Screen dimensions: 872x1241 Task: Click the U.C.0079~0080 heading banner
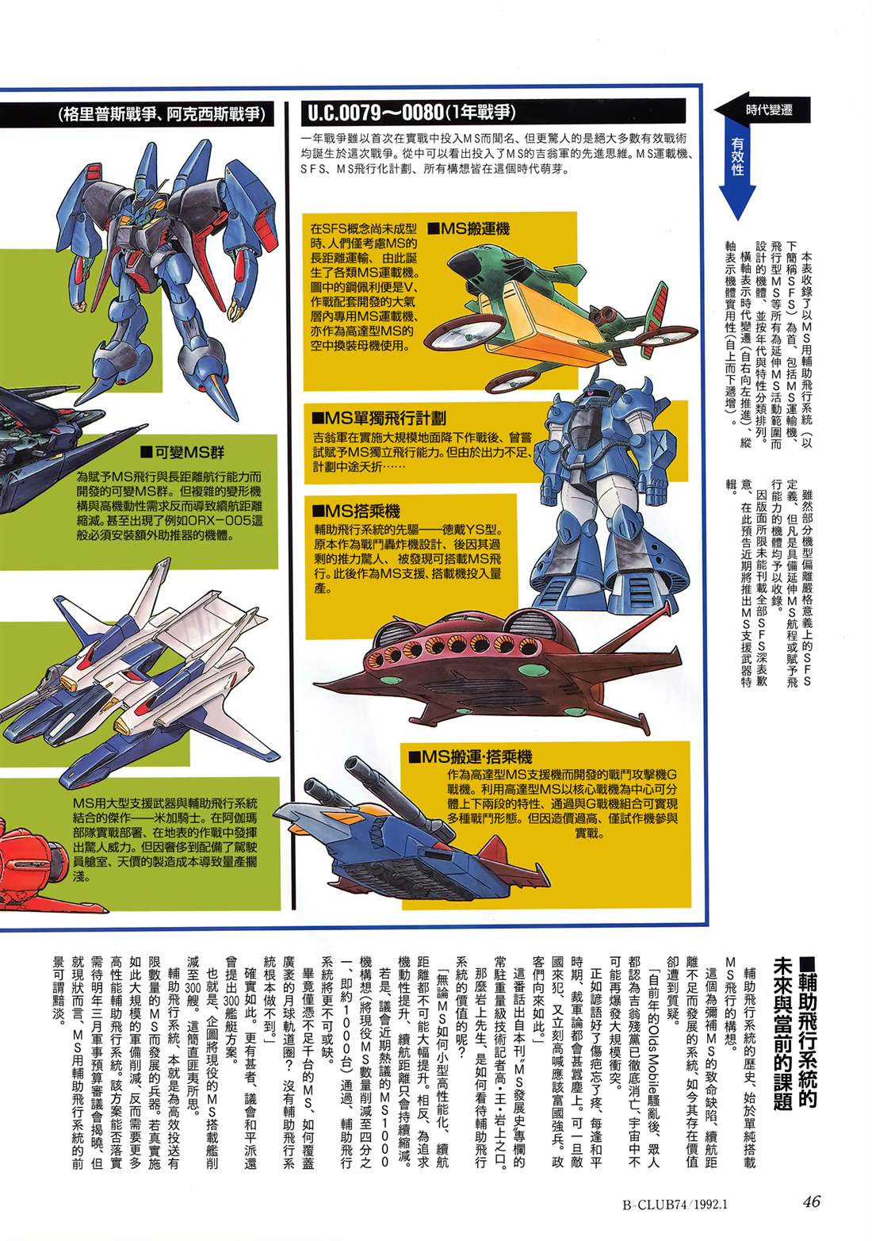point(494,113)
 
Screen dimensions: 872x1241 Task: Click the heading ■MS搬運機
point(470,229)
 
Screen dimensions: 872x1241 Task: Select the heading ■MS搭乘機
point(356,510)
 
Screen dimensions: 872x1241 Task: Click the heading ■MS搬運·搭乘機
point(470,756)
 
